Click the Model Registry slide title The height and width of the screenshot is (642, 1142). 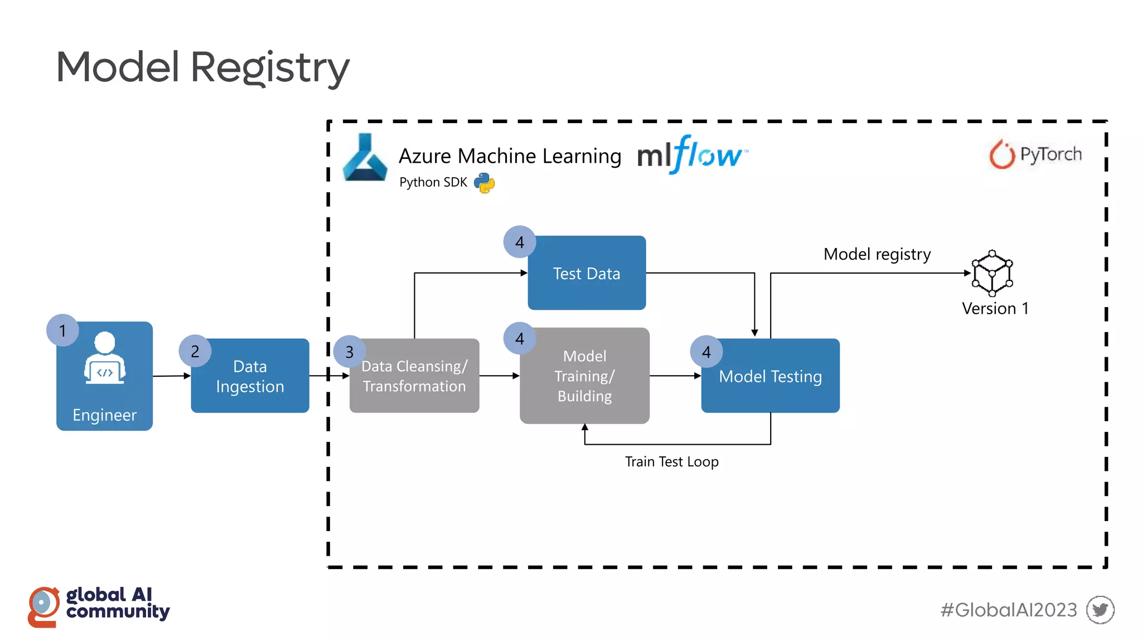click(202, 67)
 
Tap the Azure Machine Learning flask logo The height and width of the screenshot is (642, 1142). click(365, 158)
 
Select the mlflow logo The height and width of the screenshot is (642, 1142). click(691, 154)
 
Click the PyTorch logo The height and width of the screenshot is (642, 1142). click(1035, 154)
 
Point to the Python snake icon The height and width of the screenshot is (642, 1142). click(484, 183)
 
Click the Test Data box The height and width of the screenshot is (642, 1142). click(587, 273)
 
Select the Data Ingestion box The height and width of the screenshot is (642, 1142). click(250, 376)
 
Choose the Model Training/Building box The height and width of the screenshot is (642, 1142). click(584, 376)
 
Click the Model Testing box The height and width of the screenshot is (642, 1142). click(770, 377)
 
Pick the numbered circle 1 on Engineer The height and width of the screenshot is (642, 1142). click(62, 330)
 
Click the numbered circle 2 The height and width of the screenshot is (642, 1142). click(195, 351)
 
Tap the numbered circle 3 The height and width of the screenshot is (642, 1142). click(349, 352)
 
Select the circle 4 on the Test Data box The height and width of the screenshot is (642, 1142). click(519, 242)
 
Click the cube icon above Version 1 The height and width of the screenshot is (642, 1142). click(992, 273)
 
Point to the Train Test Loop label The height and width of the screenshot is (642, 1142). click(671, 462)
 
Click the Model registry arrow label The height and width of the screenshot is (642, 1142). click(877, 254)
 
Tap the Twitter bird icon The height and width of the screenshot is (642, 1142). click(1100, 610)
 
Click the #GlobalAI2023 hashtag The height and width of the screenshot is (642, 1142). click(1008, 610)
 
